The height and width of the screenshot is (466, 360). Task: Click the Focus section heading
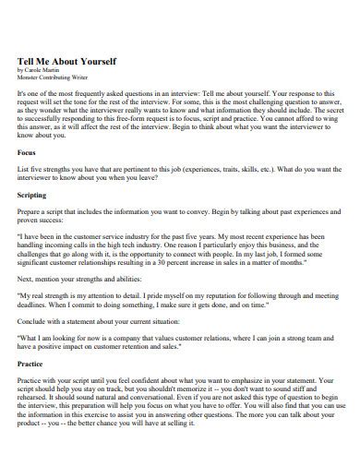tap(29, 151)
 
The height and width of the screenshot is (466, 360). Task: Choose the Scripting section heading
tap(35, 196)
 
